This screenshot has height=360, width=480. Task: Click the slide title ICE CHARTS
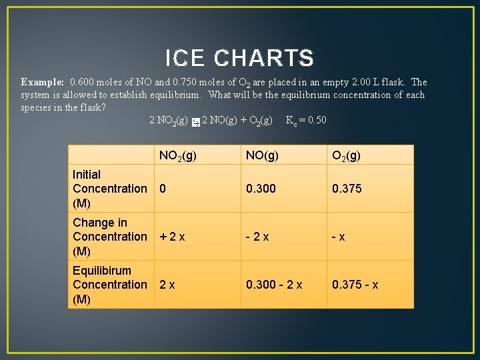coord(239,59)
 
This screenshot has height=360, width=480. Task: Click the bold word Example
coord(42,83)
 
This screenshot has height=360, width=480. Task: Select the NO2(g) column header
coord(177,156)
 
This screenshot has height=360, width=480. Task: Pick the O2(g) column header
coord(347,156)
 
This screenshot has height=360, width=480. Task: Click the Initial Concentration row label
coord(110,189)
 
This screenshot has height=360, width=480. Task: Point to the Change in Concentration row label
coord(110,237)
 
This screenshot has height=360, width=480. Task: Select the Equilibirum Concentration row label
coord(110,285)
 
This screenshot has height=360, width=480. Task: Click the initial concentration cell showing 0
coord(163,189)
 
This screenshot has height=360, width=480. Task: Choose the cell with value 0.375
coord(347,189)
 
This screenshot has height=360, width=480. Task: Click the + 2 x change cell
coord(172,237)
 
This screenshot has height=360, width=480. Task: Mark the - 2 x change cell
coord(257,237)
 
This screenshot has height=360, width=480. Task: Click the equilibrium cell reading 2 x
coord(167,285)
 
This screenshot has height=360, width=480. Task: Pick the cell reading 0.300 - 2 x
coord(274,285)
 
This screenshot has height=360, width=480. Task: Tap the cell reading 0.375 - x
coord(355,285)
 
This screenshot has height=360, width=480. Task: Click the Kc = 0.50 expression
coord(306,120)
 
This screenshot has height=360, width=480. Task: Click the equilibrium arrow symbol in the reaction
coord(195,122)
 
